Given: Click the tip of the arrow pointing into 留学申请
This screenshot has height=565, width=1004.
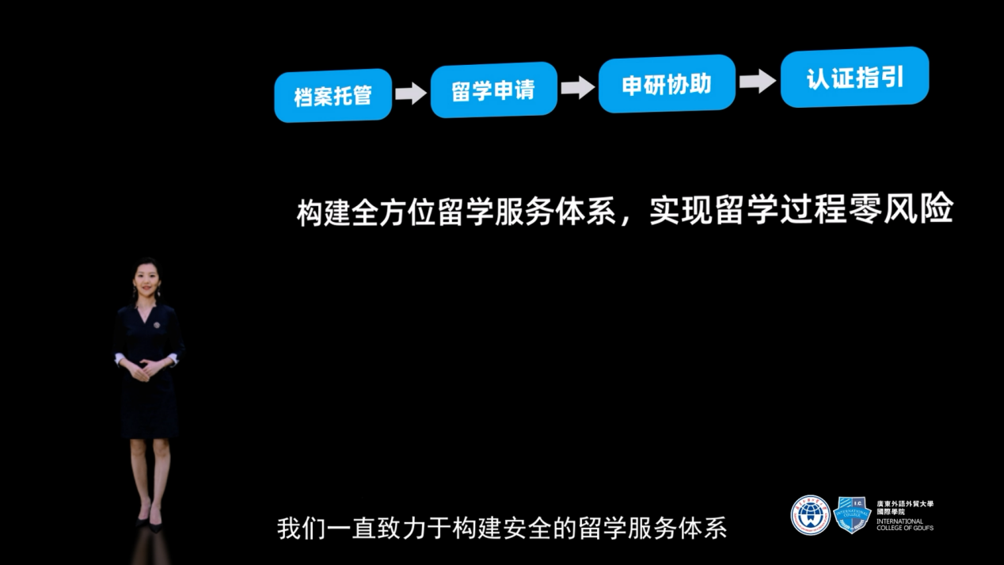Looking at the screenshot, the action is [x=427, y=93].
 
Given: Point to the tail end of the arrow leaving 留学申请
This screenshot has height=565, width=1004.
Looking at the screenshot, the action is [x=561, y=88].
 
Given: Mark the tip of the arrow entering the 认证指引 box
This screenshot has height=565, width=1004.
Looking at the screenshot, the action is [x=776, y=81].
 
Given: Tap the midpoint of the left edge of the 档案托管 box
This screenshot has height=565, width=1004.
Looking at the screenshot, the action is [x=274, y=97].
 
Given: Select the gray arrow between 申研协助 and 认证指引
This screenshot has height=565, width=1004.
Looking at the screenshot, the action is [x=758, y=81].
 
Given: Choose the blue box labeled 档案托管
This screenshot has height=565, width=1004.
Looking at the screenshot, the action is [x=333, y=96].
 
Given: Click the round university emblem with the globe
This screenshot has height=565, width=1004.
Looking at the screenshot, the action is [x=810, y=515].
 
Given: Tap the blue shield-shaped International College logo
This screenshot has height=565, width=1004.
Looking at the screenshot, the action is [x=852, y=515].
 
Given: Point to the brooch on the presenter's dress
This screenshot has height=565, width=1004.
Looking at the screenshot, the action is [x=157, y=325].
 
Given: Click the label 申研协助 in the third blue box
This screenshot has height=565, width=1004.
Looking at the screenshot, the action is [x=667, y=84].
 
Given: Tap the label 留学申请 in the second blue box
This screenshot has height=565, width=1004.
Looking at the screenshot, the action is [x=493, y=90].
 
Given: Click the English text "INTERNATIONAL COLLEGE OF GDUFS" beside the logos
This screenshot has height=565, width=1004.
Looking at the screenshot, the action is [x=905, y=525].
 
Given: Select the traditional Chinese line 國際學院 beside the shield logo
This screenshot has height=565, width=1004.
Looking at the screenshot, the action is [x=891, y=512].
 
